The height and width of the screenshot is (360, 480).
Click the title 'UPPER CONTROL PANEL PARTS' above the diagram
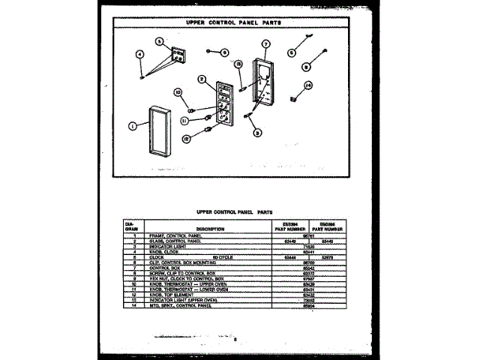click(x=232, y=22)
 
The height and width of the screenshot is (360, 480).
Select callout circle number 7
click(x=265, y=43)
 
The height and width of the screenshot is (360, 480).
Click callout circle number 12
click(x=186, y=138)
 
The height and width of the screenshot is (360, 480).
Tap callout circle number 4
click(x=139, y=54)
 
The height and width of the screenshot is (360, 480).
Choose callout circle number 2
click(x=202, y=79)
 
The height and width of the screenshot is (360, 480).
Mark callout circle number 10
click(x=179, y=93)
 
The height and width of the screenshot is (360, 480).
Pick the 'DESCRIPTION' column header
click(x=195, y=227)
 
